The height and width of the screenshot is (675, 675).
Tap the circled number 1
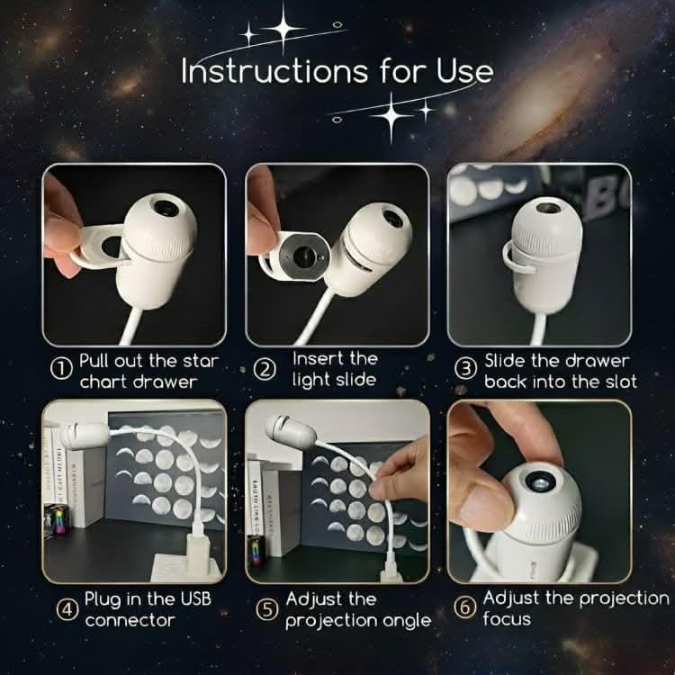point(60,369)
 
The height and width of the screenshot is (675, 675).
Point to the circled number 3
point(465,369)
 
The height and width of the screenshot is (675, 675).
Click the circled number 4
point(66,609)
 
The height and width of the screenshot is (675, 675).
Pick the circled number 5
point(267,609)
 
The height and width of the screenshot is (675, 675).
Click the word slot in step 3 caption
point(618,381)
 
